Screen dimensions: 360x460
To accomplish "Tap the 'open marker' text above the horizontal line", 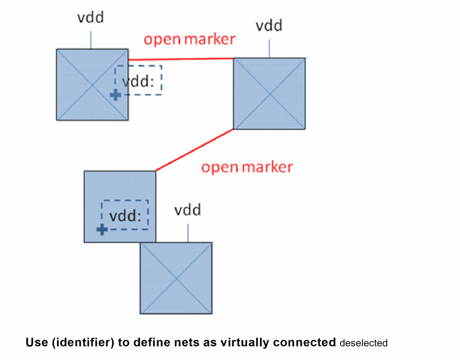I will coord(190,39).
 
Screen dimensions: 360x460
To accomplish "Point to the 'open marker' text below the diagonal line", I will coord(247,167).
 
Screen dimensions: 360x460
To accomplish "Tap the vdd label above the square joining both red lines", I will coord(269,25).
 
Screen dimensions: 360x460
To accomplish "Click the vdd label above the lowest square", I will coord(187,210).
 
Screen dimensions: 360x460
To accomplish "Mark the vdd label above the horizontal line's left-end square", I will coord(91,18).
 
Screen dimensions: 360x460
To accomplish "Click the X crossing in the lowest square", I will coord(176,278).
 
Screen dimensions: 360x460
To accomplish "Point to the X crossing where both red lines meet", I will coord(269,93).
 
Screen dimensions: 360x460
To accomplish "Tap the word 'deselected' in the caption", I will coord(363,343).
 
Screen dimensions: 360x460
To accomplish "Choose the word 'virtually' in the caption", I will coord(245,343).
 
